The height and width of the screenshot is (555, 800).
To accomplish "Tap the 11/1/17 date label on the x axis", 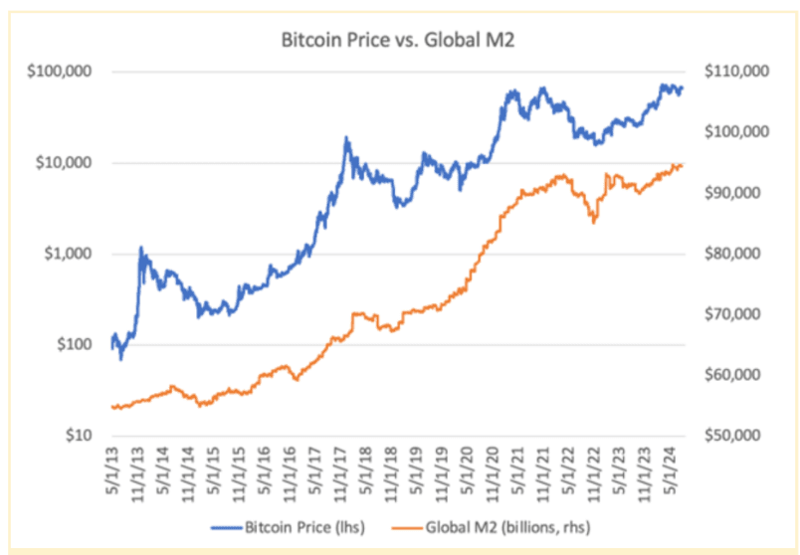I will [345, 471].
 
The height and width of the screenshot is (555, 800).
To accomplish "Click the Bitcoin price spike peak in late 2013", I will [141, 248].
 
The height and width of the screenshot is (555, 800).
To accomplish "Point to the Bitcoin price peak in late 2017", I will [346, 138].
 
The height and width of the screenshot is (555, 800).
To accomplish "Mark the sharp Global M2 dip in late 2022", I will [594, 222].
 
